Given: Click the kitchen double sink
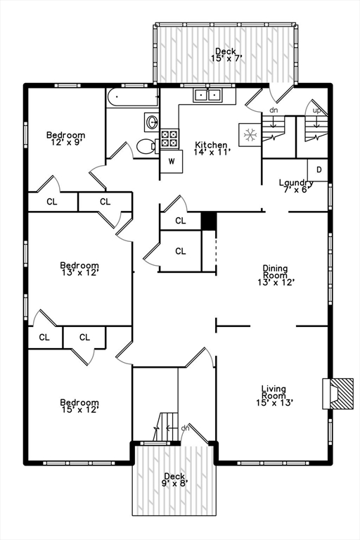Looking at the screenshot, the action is pos(207,95).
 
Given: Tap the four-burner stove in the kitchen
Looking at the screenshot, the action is pos(169,139).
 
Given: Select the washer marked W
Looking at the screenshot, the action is pos(172,161).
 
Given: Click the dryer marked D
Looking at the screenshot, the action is pos(318,169).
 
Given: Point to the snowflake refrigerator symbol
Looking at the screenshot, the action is pos(250,135).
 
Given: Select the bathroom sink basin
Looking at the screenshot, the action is pos(152,122).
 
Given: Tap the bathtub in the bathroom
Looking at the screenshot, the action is pos(133,98).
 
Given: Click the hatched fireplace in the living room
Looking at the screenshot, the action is pos(338,394).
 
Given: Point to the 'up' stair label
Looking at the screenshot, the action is pos(316,110).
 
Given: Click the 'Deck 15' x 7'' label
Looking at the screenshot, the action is pos(225,55).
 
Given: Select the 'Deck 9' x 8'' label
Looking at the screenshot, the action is pos(174,480).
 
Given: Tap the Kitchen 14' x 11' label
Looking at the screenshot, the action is pos(211,148).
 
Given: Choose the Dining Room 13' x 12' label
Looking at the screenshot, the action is pos(275,275).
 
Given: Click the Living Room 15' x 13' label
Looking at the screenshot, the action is pos(274,396).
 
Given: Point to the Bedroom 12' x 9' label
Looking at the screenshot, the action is pos(66,139).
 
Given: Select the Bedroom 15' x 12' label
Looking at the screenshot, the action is pos(79,406).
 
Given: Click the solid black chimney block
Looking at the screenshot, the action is pos(209,221).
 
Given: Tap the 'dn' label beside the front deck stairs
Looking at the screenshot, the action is pos(186,428).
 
